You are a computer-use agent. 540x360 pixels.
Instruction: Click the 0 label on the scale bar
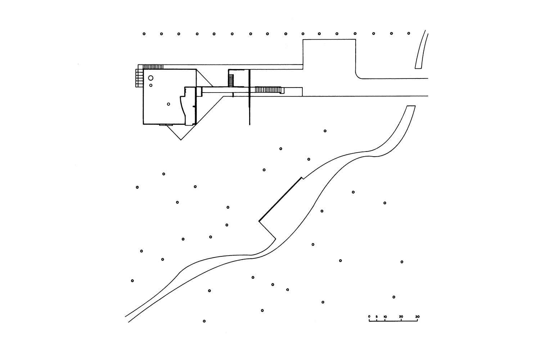pos(369,317)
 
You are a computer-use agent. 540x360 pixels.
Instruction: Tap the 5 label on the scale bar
pos(377,317)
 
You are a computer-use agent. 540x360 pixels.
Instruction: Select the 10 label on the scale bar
pos(385,317)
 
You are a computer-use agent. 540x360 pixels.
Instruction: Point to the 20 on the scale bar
pos(401,317)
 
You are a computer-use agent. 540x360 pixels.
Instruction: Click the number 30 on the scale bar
pos(417,317)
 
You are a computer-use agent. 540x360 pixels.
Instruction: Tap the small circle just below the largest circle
pos(151,85)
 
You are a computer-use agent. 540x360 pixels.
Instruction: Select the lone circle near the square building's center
pos(168,104)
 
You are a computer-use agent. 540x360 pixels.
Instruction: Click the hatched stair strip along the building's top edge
pos(153,67)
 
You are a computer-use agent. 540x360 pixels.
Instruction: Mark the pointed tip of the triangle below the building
pos(181,140)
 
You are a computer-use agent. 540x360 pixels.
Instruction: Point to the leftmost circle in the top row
pos(144,34)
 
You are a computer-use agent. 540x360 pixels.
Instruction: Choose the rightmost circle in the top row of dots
pos(409,33)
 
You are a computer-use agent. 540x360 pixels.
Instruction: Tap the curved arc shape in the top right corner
pos(421,50)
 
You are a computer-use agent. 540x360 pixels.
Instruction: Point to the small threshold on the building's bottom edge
pos(164,125)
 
